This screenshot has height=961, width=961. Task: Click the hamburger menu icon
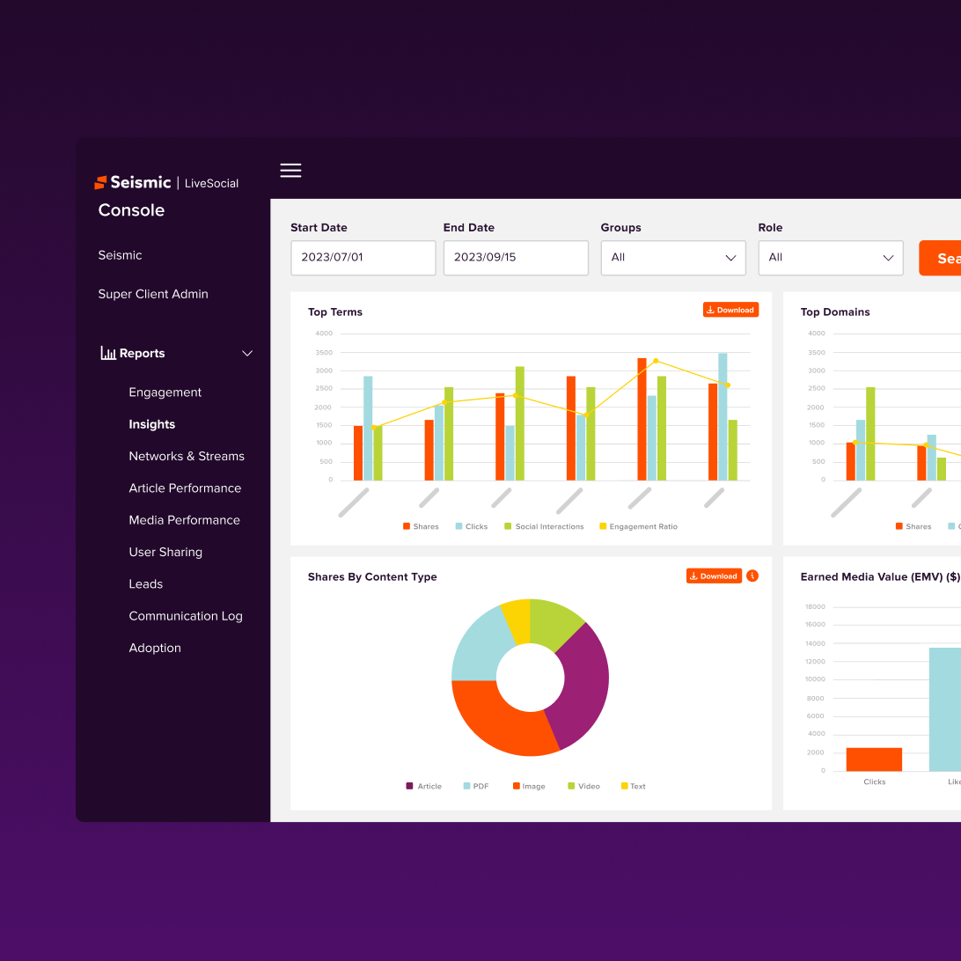click(290, 171)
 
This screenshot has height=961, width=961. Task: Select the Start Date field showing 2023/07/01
click(363, 258)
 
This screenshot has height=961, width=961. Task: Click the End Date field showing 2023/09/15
click(515, 258)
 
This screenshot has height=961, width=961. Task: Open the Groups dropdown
click(672, 258)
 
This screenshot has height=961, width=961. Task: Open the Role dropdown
click(830, 258)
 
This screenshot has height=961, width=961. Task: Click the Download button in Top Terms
click(730, 310)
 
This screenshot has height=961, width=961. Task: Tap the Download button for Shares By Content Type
click(714, 576)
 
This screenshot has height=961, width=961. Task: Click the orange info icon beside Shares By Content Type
click(752, 576)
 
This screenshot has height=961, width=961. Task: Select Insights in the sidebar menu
click(151, 424)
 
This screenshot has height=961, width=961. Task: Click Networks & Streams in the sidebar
click(187, 456)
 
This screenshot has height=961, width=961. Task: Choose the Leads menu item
click(145, 584)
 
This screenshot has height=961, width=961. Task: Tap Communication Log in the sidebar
click(185, 616)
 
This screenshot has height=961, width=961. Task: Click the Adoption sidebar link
click(155, 648)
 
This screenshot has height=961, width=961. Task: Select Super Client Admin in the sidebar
click(153, 294)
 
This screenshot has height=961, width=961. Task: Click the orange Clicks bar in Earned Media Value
click(874, 759)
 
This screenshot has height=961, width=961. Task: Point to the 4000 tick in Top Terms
click(324, 334)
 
